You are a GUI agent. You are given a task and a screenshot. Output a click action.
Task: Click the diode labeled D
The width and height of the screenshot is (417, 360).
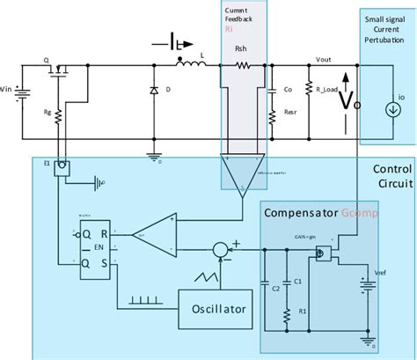155,91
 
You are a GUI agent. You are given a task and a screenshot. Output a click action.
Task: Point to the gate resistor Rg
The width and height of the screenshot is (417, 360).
58,114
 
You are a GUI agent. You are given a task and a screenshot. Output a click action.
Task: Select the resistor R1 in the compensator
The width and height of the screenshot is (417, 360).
288,311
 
